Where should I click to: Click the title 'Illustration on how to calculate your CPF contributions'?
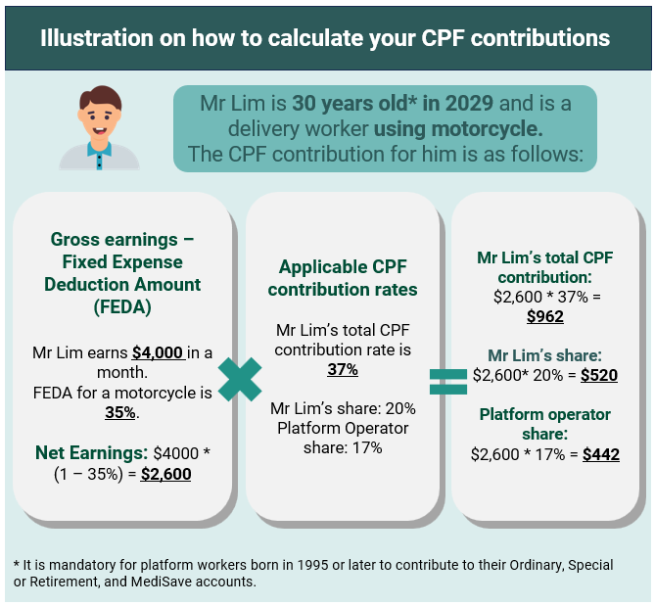[325, 38]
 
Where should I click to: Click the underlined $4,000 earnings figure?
[158, 353]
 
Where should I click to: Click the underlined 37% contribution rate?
[342, 369]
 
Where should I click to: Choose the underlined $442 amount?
[600, 454]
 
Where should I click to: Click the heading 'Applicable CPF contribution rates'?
[342, 278]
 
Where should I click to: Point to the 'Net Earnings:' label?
[91, 453]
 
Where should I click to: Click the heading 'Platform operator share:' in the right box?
[544, 424]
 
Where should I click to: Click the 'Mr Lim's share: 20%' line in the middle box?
[342, 408]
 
